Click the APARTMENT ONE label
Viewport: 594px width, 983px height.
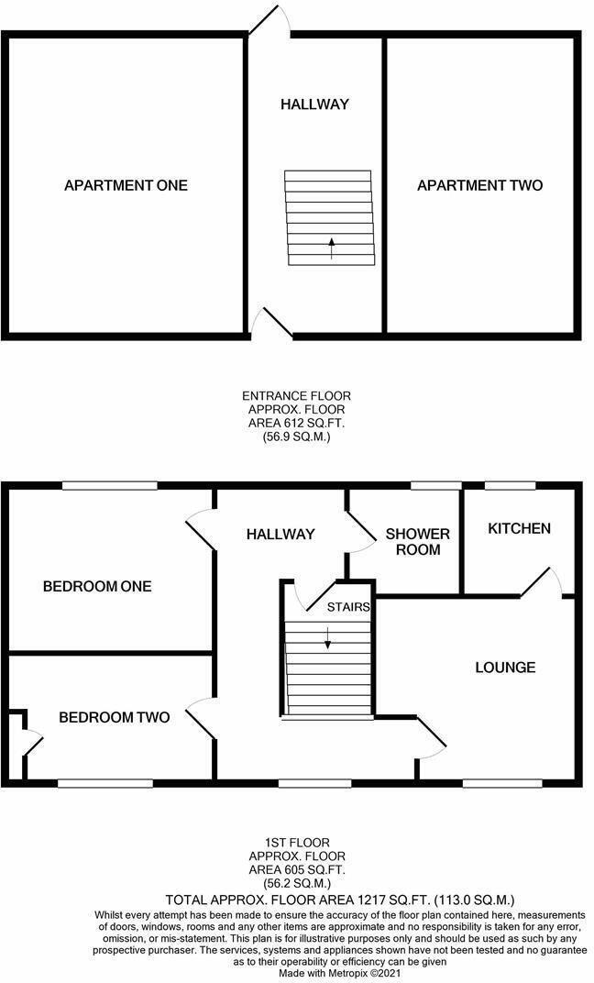[126, 185]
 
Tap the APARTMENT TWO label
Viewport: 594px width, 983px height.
[479, 185]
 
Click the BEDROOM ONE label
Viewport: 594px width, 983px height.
[97, 587]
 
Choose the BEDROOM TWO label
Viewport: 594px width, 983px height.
[114, 717]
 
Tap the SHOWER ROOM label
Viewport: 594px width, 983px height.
[418, 542]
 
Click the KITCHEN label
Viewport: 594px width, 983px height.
[519, 528]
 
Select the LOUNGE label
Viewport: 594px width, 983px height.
[505, 667]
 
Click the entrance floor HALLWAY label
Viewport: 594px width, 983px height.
[314, 105]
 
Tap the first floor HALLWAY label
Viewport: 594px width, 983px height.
[280, 534]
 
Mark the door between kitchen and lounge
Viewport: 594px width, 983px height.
[542, 585]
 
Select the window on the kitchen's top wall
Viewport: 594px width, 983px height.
[510, 486]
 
